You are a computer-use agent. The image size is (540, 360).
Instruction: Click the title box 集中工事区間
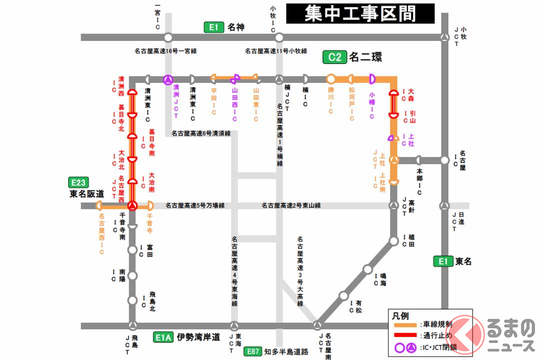click(x=360, y=13)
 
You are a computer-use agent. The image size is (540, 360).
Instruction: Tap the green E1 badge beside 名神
click(x=213, y=27)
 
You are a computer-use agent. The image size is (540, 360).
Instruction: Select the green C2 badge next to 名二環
click(x=334, y=57)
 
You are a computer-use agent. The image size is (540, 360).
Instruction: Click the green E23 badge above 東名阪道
click(x=78, y=182)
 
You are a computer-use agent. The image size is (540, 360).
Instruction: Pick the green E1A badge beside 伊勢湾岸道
click(x=162, y=337)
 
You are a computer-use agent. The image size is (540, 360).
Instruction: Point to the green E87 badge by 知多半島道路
click(x=253, y=351)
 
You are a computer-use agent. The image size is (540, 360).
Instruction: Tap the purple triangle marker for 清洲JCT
click(x=168, y=79)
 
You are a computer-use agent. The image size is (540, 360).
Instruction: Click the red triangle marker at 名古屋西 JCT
click(x=132, y=205)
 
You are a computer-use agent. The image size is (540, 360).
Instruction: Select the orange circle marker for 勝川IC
click(x=330, y=79)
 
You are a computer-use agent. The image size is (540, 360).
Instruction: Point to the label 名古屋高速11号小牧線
click(x=276, y=51)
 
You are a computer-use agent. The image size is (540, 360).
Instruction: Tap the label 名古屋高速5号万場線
click(x=195, y=205)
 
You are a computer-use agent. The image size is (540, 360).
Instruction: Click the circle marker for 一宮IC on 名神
click(x=168, y=37)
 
